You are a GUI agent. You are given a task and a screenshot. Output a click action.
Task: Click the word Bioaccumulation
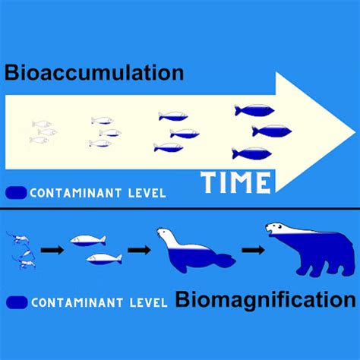click(94, 73)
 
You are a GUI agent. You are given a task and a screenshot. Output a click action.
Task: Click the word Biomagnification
click(266, 300)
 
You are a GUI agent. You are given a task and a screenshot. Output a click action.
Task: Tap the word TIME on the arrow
click(235, 182)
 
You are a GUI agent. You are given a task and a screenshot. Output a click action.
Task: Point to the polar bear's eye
click(279, 226)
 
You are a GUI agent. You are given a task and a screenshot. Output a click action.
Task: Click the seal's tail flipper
click(226, 261)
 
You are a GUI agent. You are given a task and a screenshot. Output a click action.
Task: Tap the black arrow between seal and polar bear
click(253, 250)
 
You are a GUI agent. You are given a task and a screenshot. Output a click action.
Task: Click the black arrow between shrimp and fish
click(52, 250)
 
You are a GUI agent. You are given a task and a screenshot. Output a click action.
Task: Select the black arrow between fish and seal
click(139, 250)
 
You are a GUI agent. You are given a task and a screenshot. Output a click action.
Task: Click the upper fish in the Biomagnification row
click(88, 240)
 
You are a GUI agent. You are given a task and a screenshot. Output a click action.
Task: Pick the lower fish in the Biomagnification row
click(104, 259)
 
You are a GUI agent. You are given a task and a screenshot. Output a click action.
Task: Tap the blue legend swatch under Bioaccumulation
click(16, 193)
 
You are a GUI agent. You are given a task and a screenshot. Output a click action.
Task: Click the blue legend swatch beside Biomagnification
click(17, 302)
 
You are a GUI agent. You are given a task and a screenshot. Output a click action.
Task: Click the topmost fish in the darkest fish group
click(254, 110)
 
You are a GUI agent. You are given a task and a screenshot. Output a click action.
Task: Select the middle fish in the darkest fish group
click(272, 131)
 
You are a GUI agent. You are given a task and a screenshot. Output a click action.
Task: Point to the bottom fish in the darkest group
click(252, 153)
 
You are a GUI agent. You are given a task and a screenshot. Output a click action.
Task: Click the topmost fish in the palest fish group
click(42, 124)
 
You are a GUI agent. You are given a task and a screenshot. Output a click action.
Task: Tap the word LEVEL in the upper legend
click(147, 194)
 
